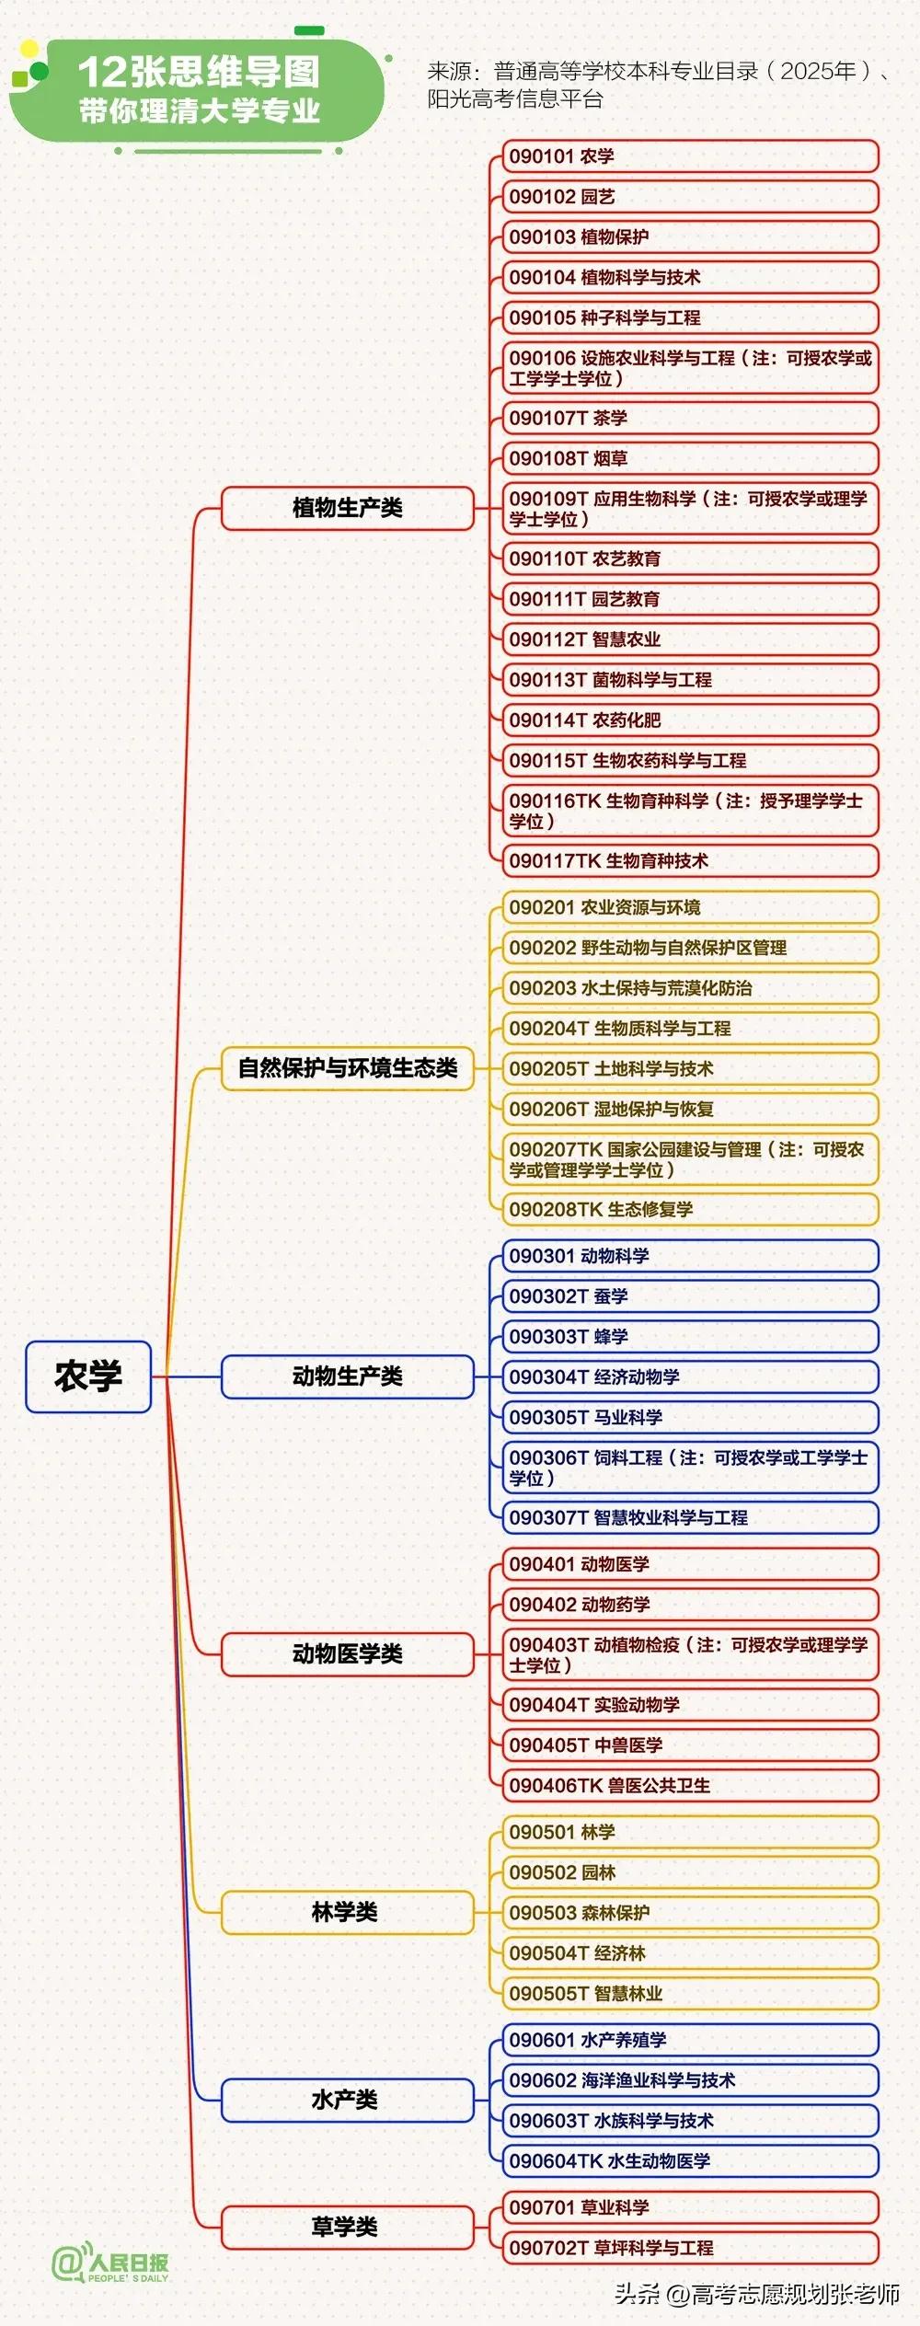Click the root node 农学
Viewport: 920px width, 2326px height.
(x=88, y=1376)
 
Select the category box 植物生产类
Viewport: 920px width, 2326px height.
(x=348, y=508)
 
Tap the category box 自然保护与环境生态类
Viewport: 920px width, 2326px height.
(x=348, y=1068)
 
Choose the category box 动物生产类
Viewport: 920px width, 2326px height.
(x=348, y=1376)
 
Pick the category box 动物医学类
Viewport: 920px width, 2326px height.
(x=348, y=1654)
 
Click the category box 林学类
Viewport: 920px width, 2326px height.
(x=348, y=1913)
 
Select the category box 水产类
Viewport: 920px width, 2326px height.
(x=348, y=2100)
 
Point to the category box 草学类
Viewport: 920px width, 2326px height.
(x=348, y=2227)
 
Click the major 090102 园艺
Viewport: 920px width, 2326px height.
(x=690, y=197)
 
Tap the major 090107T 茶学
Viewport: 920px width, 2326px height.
(x=690, y=419)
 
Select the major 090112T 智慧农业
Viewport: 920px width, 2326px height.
(x=690, y=639)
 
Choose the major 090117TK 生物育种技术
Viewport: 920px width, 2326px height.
(x=690, y=861)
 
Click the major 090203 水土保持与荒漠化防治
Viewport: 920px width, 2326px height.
(x=690, y=988)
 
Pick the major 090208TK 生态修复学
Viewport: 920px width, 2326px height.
(x=690, y=1210)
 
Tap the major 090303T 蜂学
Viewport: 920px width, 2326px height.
(x=690, y=1337)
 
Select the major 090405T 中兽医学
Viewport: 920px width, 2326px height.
(x=690, y=1745)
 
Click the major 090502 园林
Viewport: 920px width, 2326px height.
(x=690, y=1872)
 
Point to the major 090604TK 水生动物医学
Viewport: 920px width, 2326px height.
(x=690, y=2161)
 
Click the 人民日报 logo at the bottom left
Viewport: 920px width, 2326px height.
(x=110, y=2263)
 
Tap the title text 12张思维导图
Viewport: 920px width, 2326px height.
(x=199, y=72)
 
